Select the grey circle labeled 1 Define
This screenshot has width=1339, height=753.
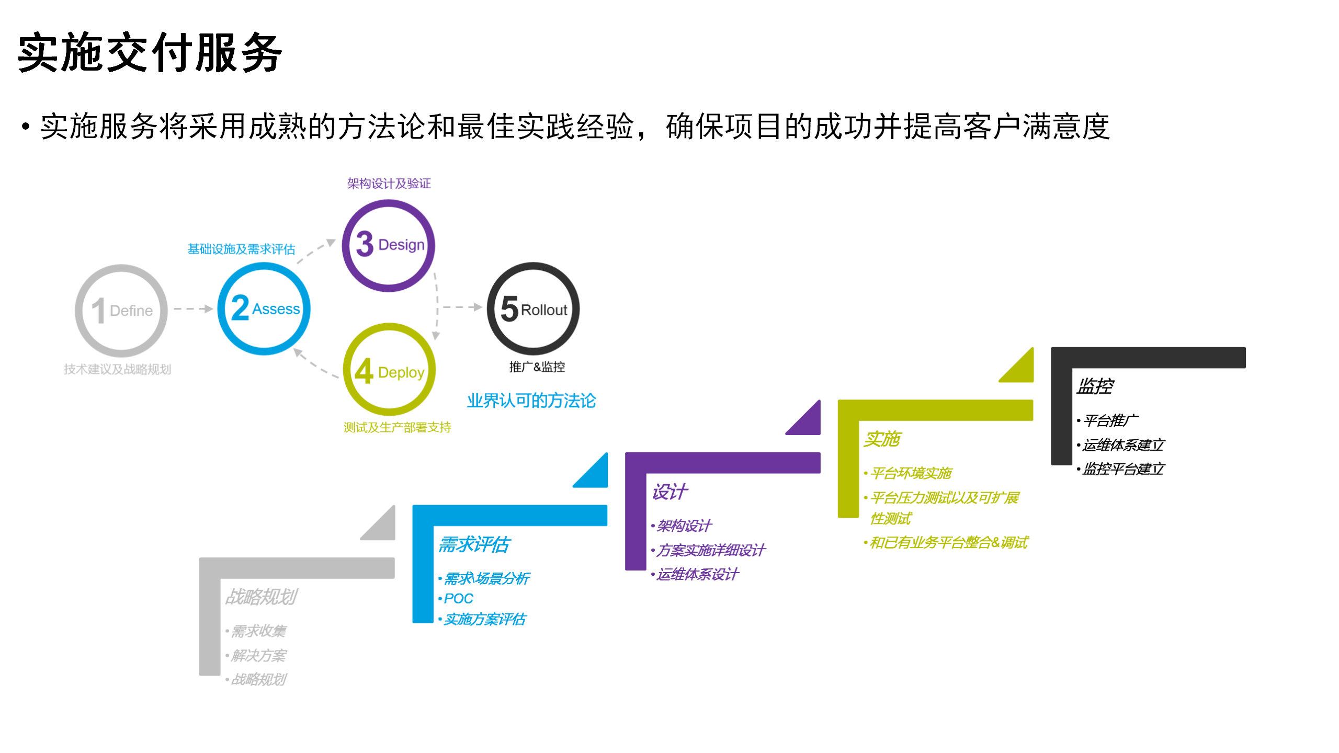(121, 311)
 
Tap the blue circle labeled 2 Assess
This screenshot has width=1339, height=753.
(264, 309)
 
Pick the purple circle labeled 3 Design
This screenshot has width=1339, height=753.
(389, 245)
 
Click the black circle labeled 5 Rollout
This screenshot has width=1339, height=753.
(533, 309)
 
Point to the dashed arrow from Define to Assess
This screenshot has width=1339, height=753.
(192, 309)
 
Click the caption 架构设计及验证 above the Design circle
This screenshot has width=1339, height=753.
(389, 184)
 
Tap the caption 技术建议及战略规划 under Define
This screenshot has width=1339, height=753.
(117, 369)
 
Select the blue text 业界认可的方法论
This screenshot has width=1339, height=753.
(531, 401)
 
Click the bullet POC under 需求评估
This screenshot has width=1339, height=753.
(458, 599)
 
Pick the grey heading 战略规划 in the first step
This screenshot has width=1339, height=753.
(261, 597)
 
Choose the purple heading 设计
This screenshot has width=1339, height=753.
(669, 492)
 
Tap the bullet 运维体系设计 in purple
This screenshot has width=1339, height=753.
(697, 574)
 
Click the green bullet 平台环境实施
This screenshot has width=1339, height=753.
(911, 473)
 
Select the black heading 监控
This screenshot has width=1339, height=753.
(1095, 386)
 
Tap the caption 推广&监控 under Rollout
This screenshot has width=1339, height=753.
(537, 367)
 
